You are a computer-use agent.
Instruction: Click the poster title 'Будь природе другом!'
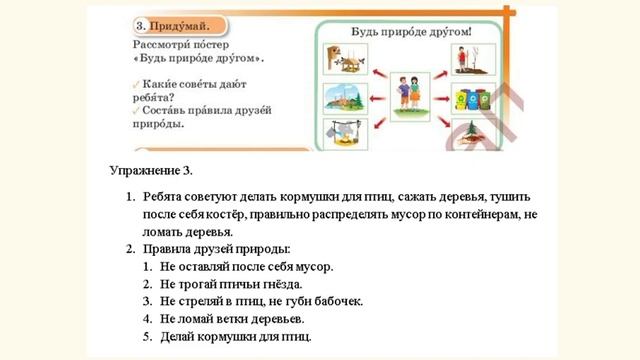(x=410, y=31)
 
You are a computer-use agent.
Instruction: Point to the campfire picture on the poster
(x=341, y=134)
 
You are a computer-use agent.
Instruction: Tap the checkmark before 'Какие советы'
(x=135, y=84)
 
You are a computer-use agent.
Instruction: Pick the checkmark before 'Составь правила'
(x=135, y=110)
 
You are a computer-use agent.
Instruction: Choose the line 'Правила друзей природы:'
(x=216, y=248)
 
